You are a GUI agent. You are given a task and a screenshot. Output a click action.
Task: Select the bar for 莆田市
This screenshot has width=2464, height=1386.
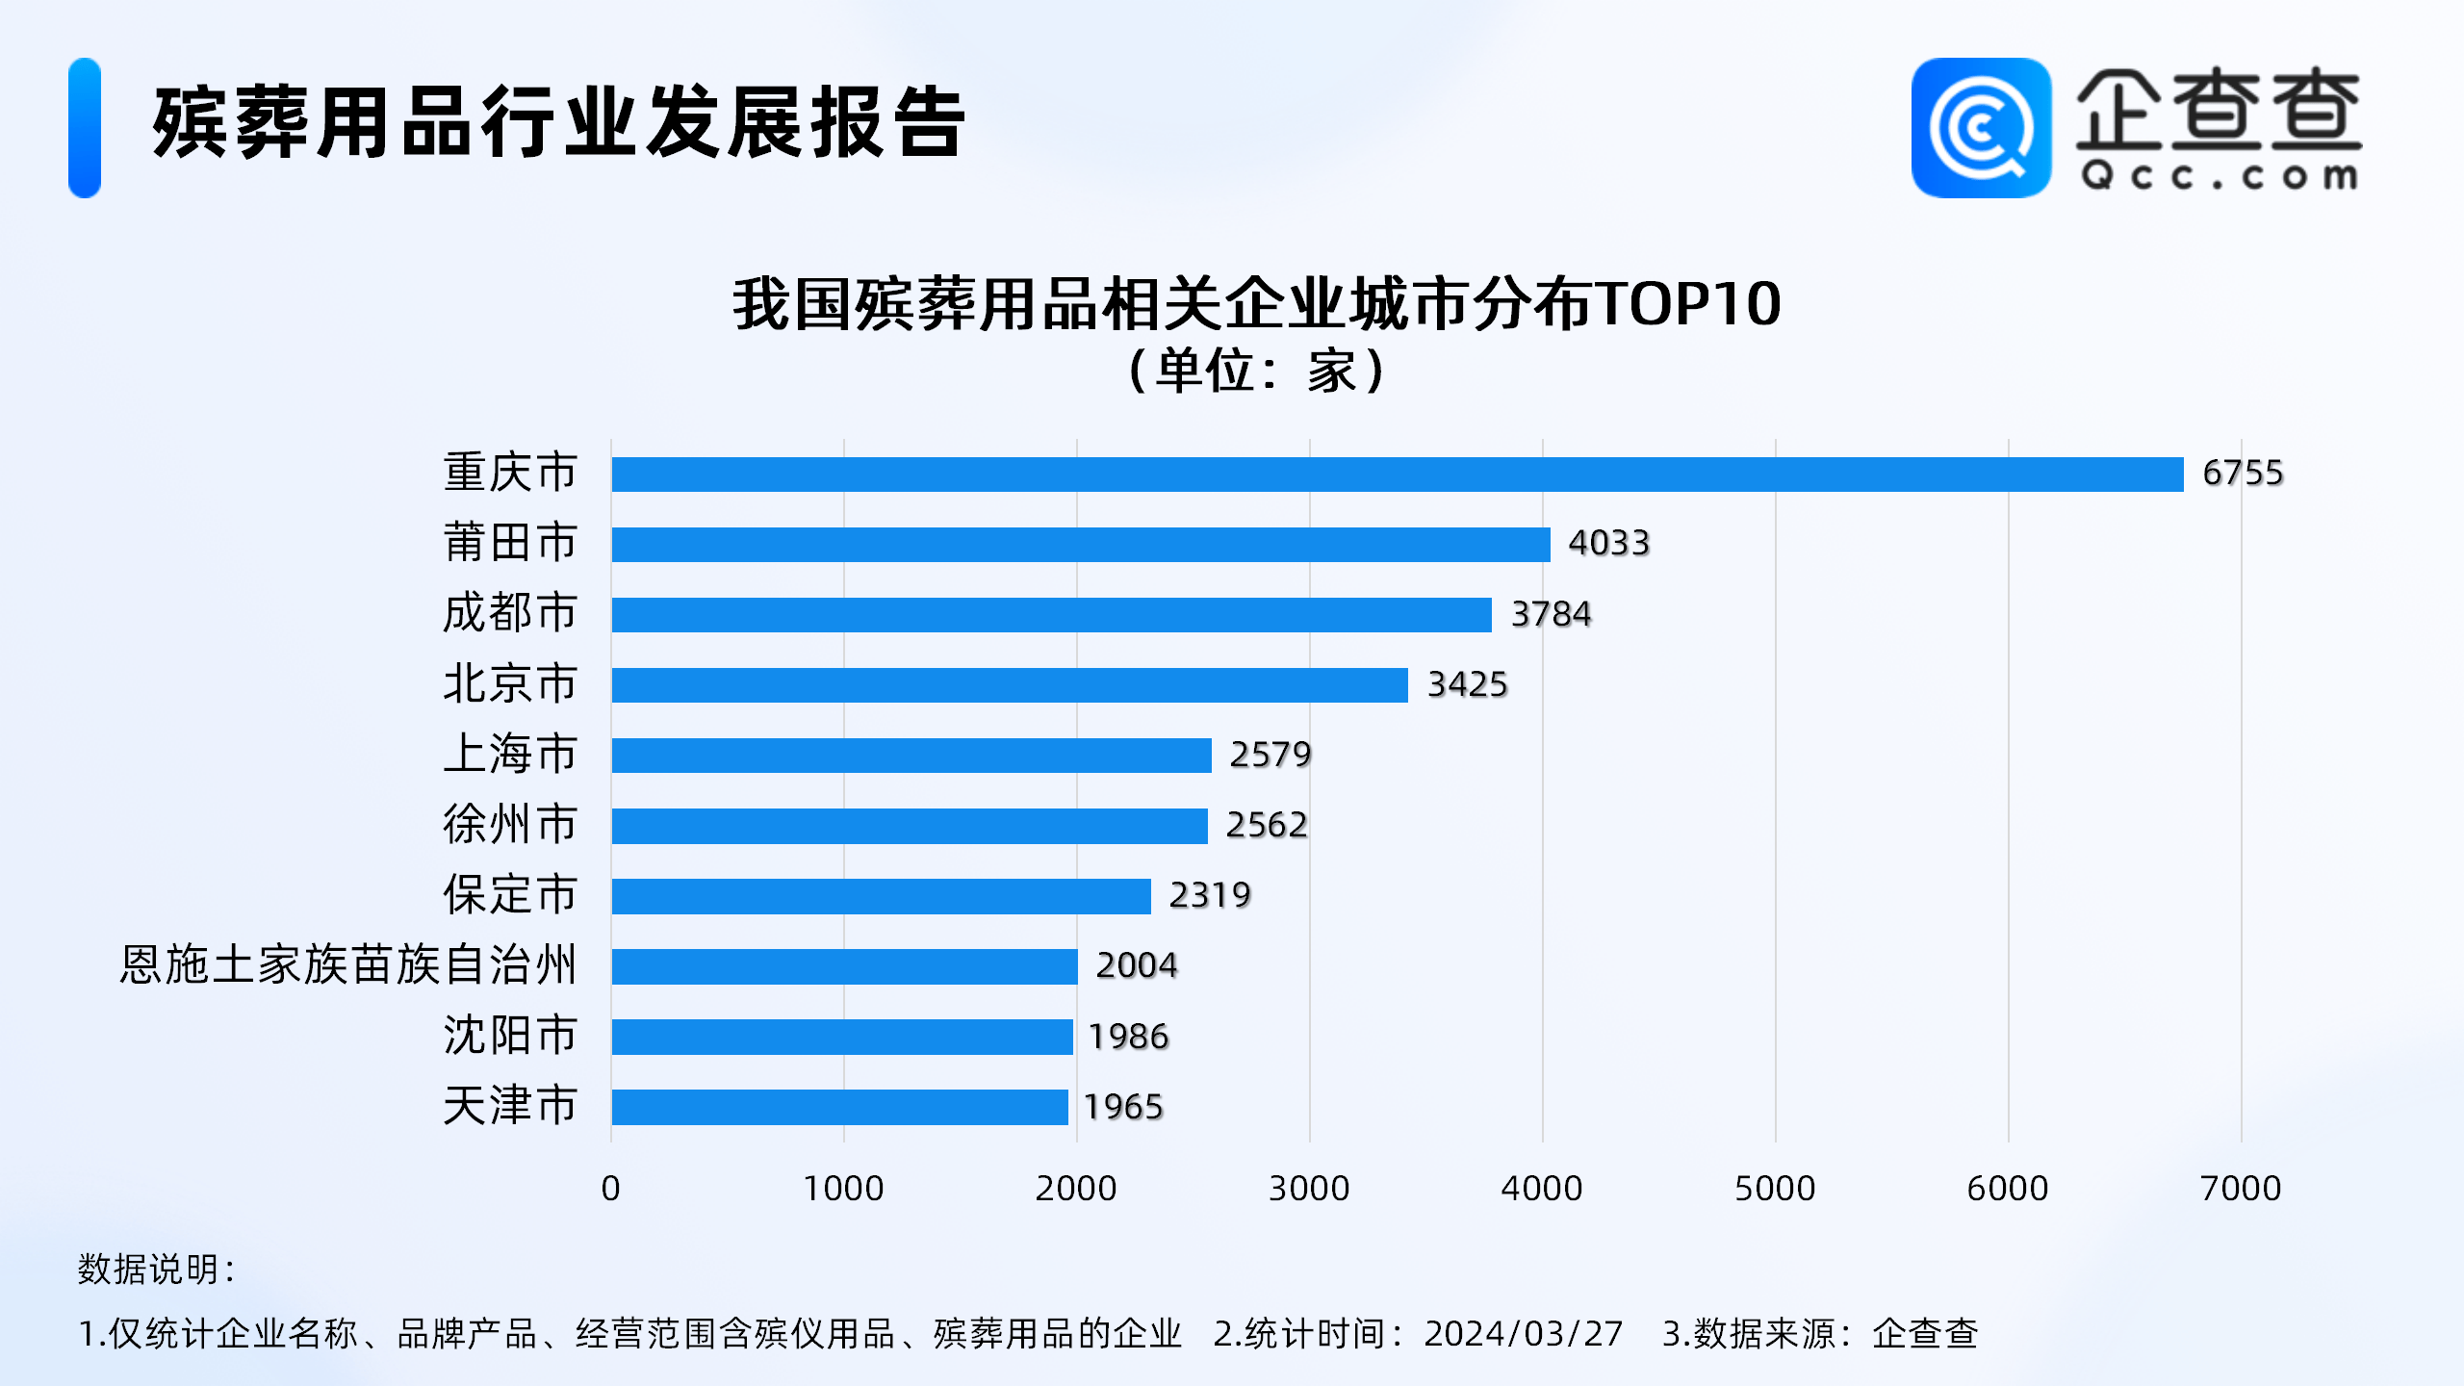click(x=1080, y=544)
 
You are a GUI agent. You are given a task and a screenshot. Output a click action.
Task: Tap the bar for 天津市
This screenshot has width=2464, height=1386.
click(x=839, y=1107)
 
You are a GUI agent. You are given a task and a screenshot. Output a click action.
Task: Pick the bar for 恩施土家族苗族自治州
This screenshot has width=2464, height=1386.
click(x=844, y=966)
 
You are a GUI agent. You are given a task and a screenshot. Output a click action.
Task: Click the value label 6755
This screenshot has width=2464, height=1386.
click(x=2242, y=474)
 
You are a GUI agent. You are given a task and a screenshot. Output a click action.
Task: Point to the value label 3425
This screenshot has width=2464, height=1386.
click(x=1466, y=684)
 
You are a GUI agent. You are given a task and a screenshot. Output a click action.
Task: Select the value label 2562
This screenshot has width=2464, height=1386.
click(x=1266, y=825)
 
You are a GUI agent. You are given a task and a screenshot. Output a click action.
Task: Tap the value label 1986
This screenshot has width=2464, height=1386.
click(x=1127, y=1037)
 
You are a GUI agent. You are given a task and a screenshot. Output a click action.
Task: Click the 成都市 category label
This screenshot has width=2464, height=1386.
click(x=509, y=613)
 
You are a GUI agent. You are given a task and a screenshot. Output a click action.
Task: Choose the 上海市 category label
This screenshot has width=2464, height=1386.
click(x=509, y=754)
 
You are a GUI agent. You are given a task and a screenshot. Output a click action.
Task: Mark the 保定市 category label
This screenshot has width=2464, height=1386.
click(x=509, y=895)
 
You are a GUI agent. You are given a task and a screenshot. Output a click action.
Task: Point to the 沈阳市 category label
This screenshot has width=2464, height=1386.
click(x=509, y=1036)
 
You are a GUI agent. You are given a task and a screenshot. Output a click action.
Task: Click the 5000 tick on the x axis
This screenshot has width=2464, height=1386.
click(x=1774, y=1189)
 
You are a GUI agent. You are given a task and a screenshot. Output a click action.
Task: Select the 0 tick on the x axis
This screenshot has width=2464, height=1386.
click(x=610, y=1189)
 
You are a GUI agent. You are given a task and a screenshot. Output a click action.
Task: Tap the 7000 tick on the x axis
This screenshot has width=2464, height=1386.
click(x=2240, y=1189)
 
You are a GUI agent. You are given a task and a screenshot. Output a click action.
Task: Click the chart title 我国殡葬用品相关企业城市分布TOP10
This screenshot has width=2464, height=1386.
click(x=1256, y=304)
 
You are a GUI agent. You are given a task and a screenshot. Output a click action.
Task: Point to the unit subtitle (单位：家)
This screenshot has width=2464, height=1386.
click(x=1256, y=371)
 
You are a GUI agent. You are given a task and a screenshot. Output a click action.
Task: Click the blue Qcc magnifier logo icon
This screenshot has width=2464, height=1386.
click(x=1980, y=128)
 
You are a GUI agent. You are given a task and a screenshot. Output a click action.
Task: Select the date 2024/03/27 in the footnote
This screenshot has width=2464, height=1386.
click(x=1523, y=1334)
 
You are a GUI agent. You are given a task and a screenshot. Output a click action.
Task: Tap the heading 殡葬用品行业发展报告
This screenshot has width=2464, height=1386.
click(x=558, y=123)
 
